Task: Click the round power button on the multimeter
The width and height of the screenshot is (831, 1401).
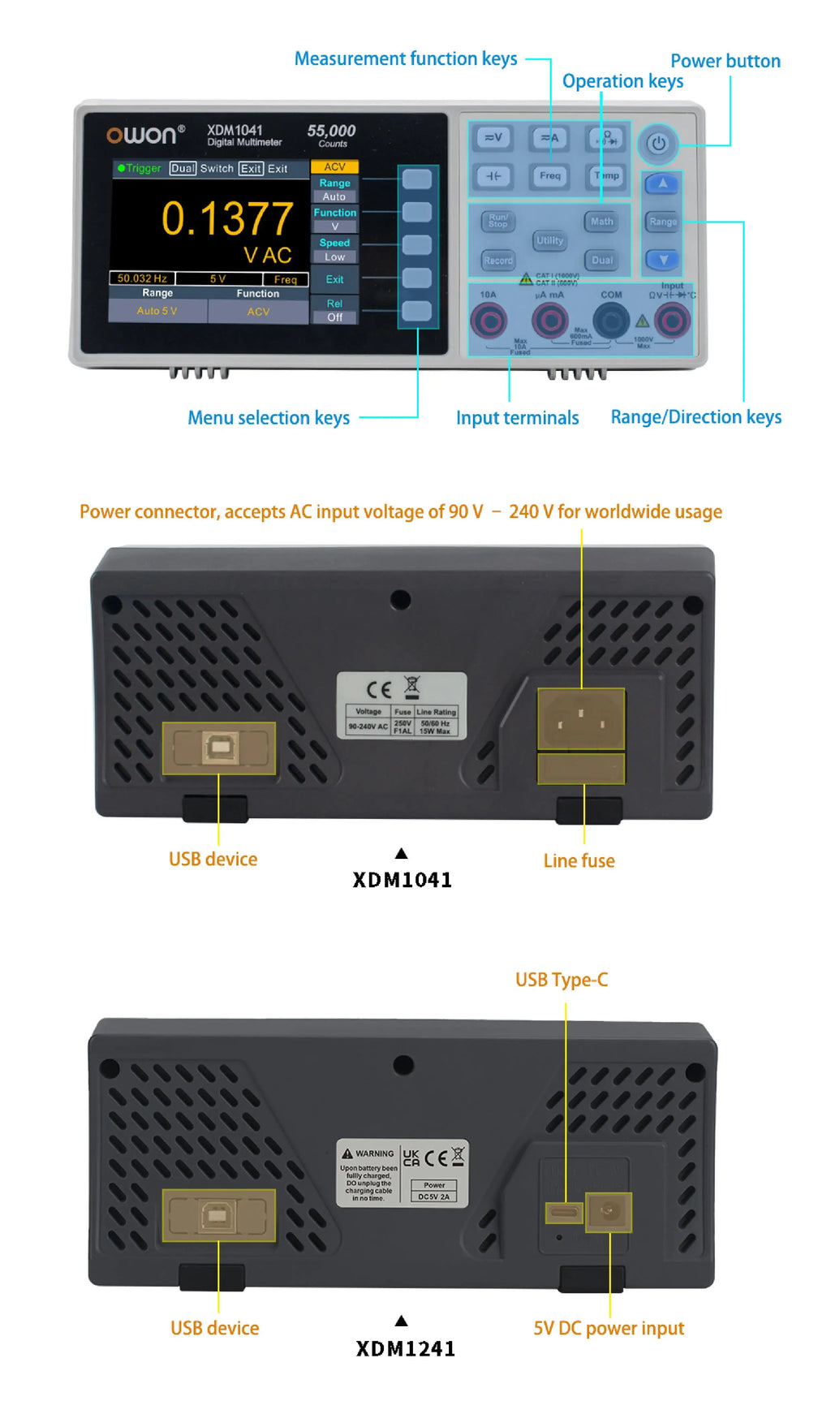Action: point(657,144)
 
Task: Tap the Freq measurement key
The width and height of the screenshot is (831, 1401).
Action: point(549,175)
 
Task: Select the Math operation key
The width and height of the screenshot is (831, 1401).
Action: point(601,222)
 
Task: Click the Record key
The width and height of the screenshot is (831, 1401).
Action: point(498,261)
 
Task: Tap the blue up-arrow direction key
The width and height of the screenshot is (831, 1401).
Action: point(663,183)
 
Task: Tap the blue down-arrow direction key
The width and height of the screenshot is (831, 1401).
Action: point(663,260)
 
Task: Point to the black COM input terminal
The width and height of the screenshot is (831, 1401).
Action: point(611,321)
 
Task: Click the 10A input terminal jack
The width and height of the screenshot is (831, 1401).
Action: point(489,321)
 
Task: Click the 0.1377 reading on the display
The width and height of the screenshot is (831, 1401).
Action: point(227,219)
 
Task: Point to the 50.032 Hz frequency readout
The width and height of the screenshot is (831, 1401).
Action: point(142,278)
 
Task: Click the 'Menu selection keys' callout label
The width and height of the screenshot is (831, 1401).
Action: point(269,418)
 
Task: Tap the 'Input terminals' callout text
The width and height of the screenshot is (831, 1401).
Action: point(517,418)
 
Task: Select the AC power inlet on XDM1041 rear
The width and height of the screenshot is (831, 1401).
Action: point(581,718)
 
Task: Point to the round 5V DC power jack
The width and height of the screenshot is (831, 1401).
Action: point(609,1212)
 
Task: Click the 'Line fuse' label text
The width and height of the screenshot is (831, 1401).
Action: point(579,861)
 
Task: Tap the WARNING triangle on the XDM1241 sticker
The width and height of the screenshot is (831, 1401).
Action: point(347,1153)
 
